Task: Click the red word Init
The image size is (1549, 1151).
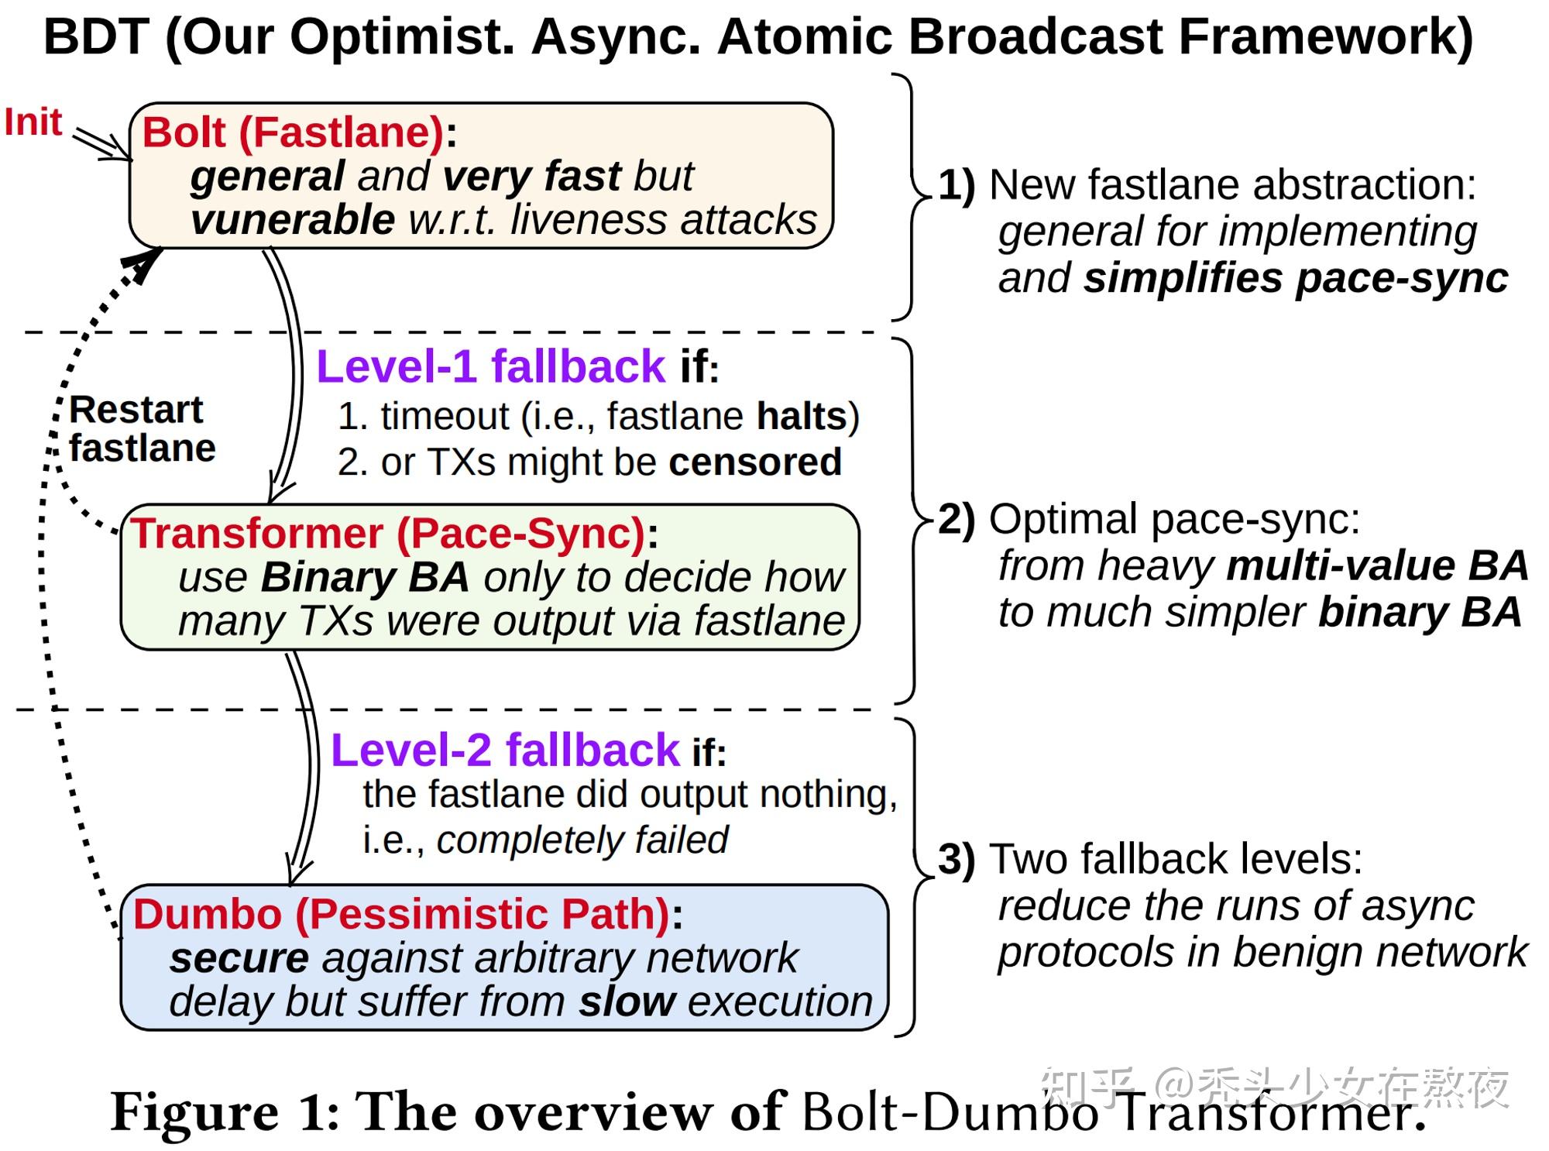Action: tap(33, 123)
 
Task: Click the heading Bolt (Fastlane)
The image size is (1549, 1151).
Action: tap(293, 132)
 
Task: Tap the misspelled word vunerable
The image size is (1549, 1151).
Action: tap(293, 220)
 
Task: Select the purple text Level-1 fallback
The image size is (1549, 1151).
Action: tap(490, 366)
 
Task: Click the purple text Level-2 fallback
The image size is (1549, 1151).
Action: tap(505, 751)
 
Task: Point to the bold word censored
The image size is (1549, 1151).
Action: tap(754, 462)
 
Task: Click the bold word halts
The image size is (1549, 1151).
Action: tap(801, 417)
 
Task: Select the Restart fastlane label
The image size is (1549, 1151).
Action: tap(141, 429)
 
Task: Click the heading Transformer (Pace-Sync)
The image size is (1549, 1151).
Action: tap(388, 534)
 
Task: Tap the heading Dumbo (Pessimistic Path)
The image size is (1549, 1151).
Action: tap(401, 914)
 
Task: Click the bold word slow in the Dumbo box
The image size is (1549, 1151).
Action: tap(627, 1002)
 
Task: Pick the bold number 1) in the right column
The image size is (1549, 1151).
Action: tap(956, 186)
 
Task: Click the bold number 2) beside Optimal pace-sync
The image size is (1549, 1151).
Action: tap(956, 519)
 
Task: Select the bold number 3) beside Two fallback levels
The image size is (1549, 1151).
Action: tap(956, 860)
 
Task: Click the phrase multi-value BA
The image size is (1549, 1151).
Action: tap(1377, 566)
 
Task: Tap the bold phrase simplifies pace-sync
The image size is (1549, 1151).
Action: tap(1295, 278)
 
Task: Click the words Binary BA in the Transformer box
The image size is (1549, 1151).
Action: tap(365, 577)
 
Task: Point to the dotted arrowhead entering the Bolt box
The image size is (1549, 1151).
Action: tap(144, 265)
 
